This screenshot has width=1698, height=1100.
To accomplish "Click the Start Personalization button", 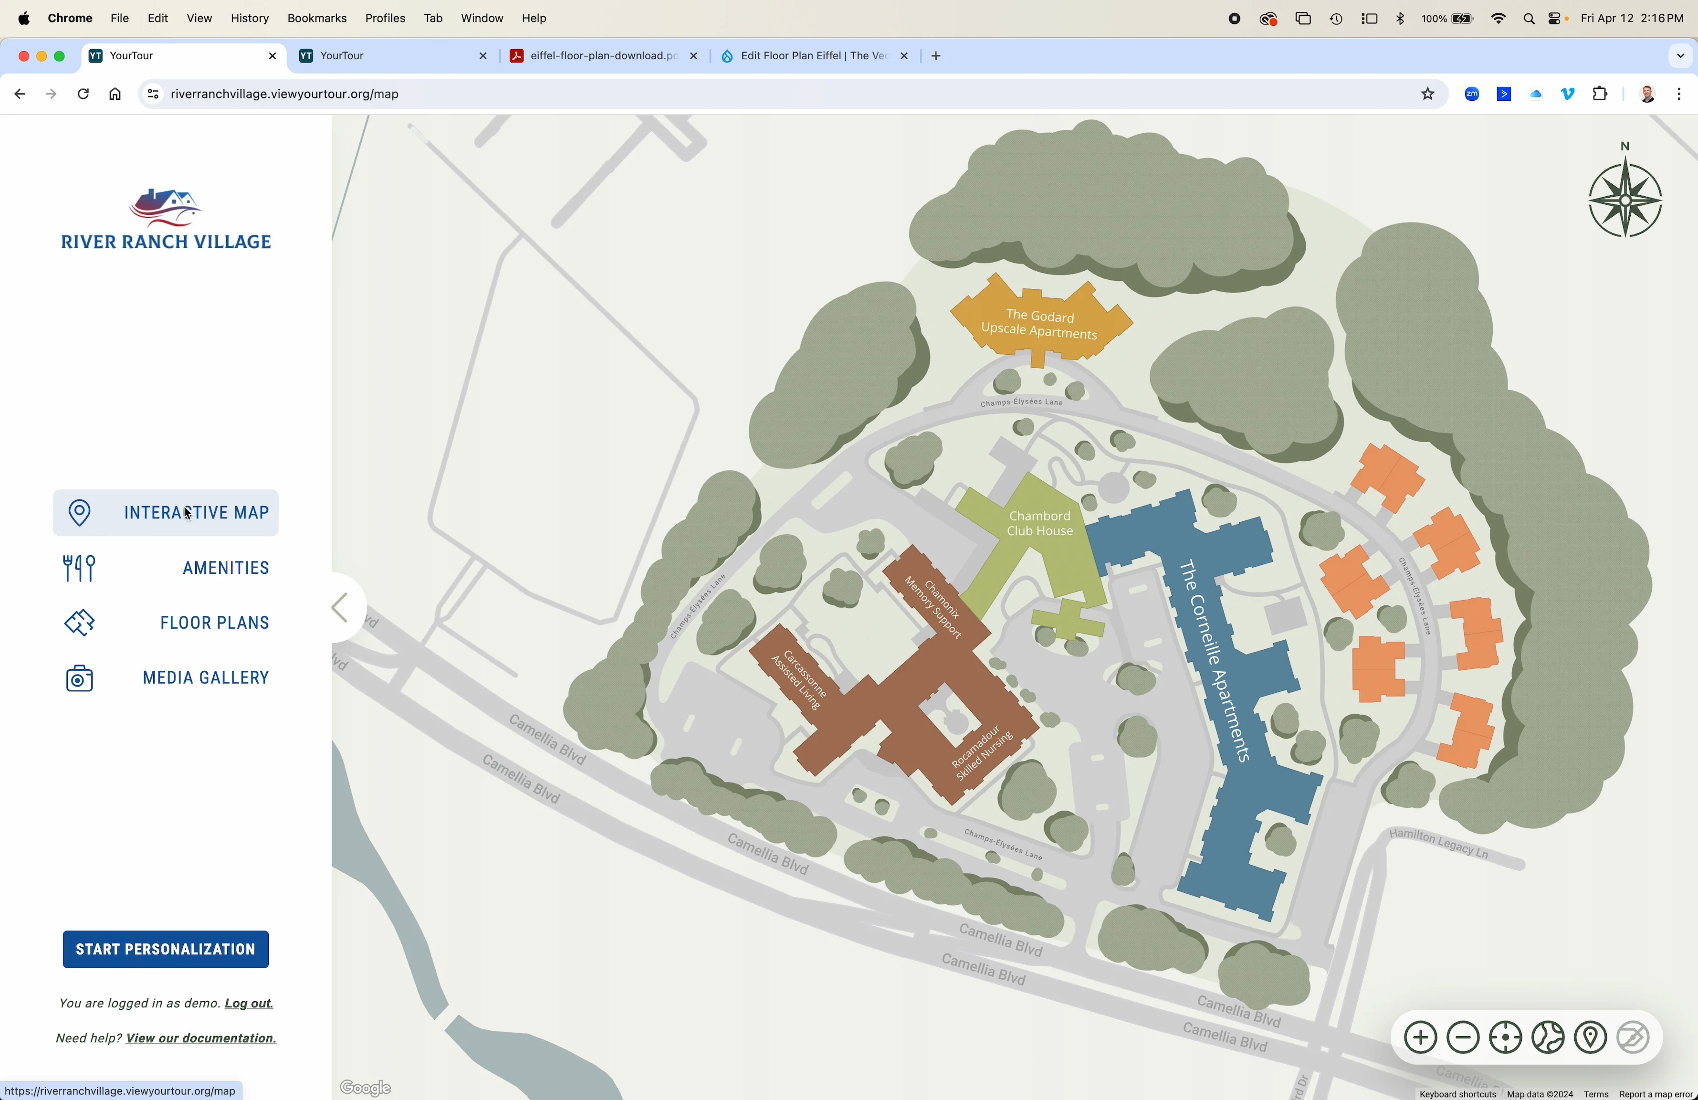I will [166, 950].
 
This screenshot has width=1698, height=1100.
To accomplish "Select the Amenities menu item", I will [166, 568].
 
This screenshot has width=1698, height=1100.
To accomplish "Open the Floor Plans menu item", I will [166, 623].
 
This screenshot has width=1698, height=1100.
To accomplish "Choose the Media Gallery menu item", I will [166, 678].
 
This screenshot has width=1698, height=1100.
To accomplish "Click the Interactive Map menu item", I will [166, 513].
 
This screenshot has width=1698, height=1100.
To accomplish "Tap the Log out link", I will [249, 1005].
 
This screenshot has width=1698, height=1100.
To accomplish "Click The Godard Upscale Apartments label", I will [1039, 324].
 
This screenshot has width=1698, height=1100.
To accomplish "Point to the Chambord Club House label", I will [1039, 523].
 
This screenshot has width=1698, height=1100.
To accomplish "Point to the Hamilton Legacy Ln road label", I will [1439, 844].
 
